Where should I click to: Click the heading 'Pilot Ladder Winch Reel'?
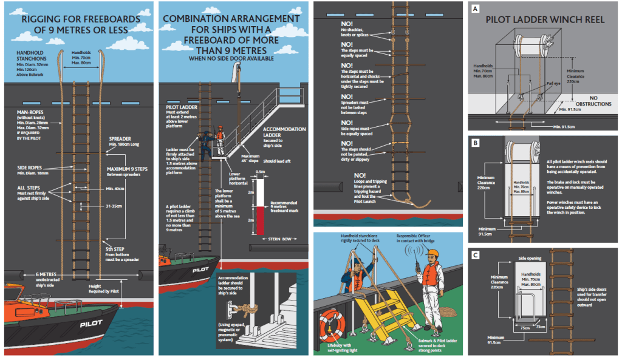(545, 19)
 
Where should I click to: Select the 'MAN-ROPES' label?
(33, 112)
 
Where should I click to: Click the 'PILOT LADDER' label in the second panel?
(179, 106)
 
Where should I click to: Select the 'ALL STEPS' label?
(30, 189)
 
